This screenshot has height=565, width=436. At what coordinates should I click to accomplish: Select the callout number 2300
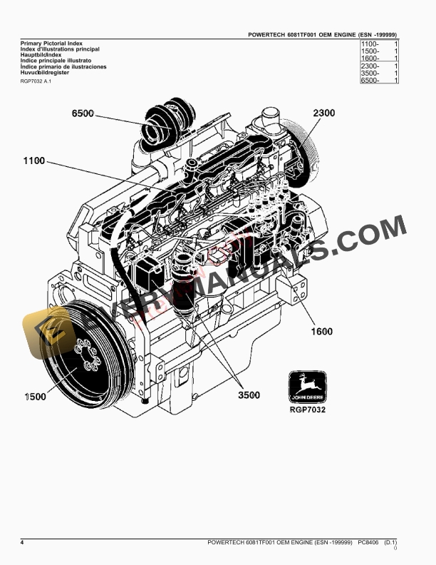(323, 113)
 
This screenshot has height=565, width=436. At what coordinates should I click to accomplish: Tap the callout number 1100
(34, 162)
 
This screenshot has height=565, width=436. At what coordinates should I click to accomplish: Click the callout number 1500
(33, 396)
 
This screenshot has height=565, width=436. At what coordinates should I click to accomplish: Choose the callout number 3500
(248, 395)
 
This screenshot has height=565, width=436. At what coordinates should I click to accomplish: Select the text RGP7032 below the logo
(308, 409)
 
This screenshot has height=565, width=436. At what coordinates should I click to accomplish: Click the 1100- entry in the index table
(370, 44)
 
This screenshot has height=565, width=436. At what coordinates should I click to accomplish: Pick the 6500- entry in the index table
(370, 81)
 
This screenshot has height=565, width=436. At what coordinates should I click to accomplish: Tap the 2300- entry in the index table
(370, 66)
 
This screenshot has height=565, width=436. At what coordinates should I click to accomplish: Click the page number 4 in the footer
(22, 544)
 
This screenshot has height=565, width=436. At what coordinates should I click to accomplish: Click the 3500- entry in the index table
(370, 73)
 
